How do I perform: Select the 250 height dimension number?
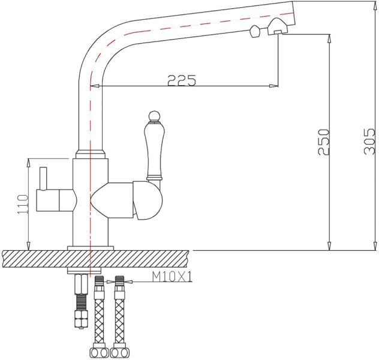tap(323, 142)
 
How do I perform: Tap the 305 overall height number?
tap(370, 142)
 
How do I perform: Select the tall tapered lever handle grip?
tap(154, 147)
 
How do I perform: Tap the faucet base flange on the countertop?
tap(90, 247)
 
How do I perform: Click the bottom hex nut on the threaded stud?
tap(79, 320)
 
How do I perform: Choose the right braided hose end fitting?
tap(119, 352)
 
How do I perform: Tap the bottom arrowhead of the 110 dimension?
tap(28, 246)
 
